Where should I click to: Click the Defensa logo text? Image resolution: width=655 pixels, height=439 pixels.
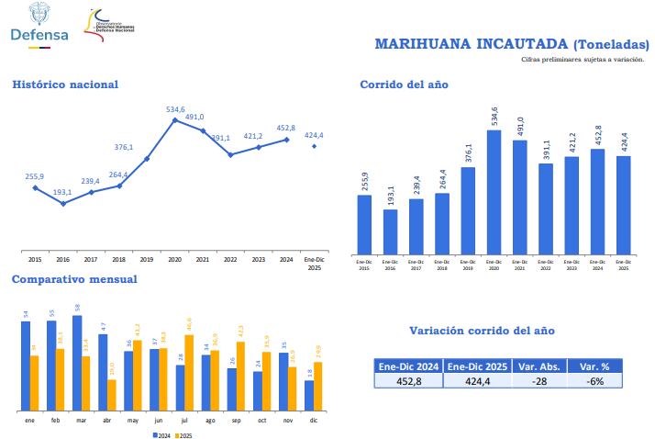pos(38,34)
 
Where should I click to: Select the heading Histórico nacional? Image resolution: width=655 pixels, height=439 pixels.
pos(65,84)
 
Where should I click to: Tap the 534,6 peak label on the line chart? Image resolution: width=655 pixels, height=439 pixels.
pos(175,109)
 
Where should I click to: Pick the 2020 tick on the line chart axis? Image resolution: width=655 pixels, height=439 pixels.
pos(174,260)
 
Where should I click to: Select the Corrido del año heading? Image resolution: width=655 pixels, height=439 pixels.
pos(404,84)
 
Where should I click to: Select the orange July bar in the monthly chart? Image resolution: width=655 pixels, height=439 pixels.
pos(188,372)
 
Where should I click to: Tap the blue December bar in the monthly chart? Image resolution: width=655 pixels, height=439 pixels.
pos(309,395)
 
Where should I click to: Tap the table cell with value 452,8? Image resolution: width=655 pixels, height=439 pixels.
pos(408,381)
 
